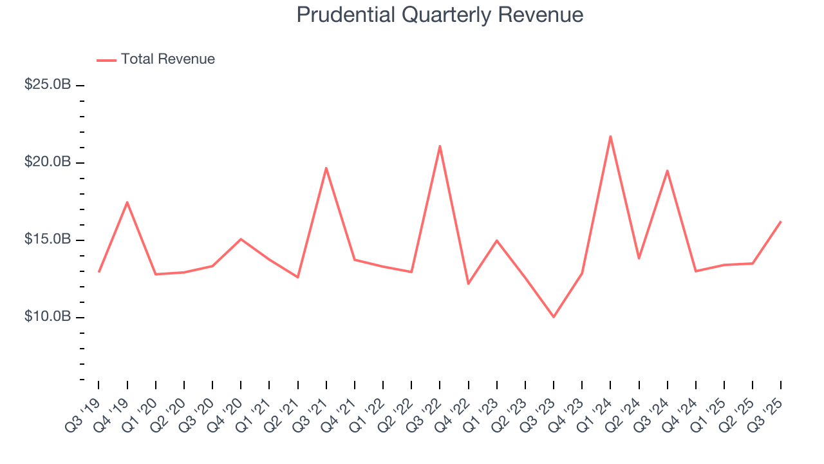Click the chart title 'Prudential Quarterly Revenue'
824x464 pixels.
[440, 15]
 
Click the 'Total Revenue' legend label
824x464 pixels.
[167, 59]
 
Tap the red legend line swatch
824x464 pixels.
[106, 60]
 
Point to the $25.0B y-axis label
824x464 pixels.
[48, 84]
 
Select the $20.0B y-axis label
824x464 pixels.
[48, 162]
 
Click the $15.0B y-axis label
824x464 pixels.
[48, 239]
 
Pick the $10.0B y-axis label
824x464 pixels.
[48, 316]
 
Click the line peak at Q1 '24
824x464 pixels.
[610, 136]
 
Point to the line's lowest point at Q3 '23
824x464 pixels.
[554, 317]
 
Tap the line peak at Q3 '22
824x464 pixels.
[440, 146]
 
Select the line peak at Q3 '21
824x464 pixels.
[326, 168]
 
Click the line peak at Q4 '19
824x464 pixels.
[127, 202]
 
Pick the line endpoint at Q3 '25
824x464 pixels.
[781, 222]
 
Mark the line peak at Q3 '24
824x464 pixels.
[668, 170]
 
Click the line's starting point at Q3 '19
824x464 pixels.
[98, 271]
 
